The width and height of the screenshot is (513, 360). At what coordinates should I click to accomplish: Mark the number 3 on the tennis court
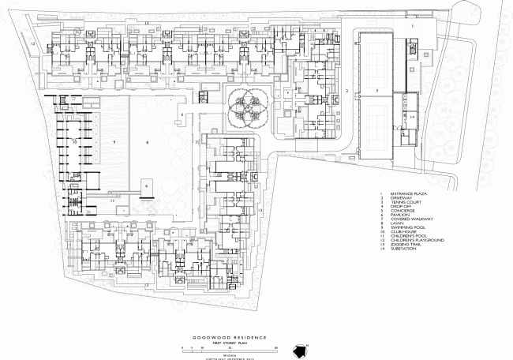pos(377,92)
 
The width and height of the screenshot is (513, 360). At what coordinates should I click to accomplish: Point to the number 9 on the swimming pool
pos(114,141)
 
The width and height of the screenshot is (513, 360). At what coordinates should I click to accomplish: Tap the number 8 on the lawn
pos(147,141)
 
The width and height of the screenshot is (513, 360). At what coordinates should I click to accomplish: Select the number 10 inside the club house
pos(74,141)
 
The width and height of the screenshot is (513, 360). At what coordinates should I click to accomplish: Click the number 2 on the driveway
pos(346,92)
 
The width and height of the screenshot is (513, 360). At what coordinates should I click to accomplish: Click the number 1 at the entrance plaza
pos(412,27)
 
